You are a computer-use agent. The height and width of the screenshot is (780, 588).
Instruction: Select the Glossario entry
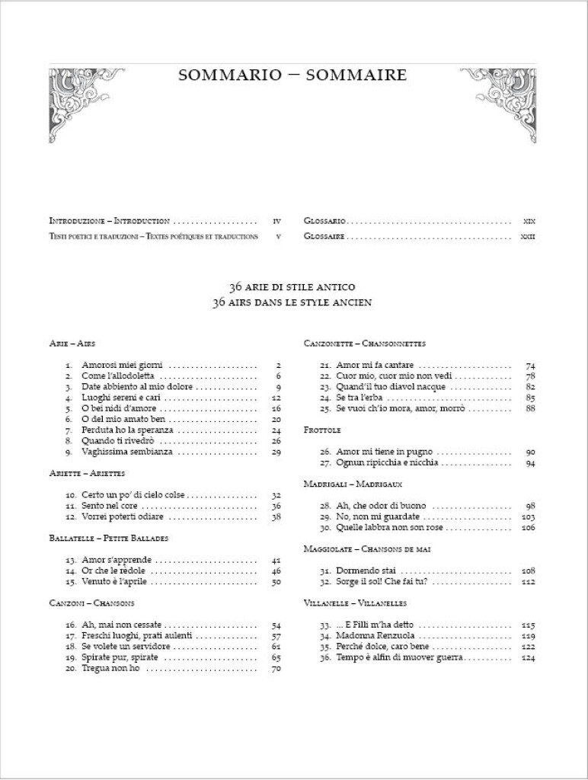pos(325,220)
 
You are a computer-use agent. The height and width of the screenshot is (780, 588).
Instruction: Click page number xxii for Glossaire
pos(527,237)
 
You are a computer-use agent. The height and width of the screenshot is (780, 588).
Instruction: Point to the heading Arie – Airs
pos(72,344)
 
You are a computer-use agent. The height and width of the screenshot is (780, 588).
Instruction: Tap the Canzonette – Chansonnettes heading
pos(364,344)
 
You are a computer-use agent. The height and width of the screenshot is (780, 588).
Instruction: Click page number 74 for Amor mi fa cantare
pos(530,365)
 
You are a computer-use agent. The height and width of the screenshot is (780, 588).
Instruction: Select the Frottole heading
pos(321,430)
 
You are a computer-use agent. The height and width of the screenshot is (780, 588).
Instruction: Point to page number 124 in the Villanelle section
pos(529,657)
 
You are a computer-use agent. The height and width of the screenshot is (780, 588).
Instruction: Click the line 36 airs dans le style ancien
pos(293,303)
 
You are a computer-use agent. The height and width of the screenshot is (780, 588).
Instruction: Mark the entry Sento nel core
pos(110,505)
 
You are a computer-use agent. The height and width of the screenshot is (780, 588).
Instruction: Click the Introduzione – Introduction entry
pos(109,220)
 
